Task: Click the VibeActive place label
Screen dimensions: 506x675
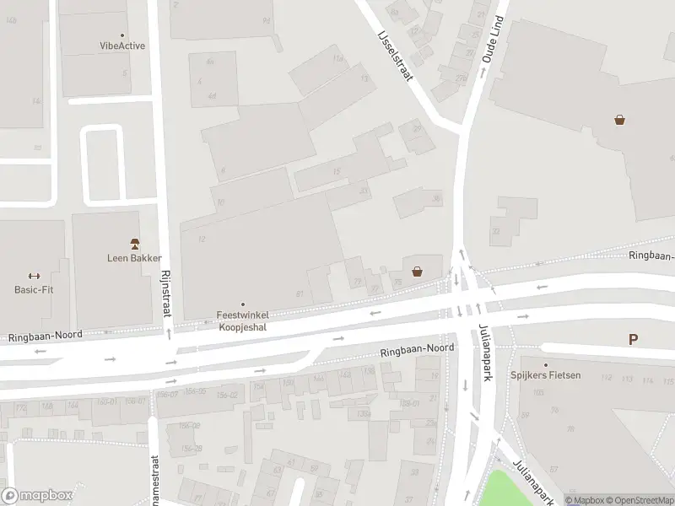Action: [x=122, y=46]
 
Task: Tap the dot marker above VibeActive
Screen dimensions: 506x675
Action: [x=122, y=35]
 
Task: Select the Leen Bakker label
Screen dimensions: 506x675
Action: [x=134, y=258]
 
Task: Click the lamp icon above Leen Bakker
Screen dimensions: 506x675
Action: [x=134, y=243]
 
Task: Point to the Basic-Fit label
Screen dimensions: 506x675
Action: [x=34, y=289]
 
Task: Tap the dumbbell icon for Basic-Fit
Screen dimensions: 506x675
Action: [x=34, y=276]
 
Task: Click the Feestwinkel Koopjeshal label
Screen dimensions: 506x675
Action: [x=244, y=320]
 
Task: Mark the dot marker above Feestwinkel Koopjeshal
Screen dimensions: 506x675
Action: [x=244, y=304]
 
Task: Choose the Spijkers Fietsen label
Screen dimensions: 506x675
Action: [x=545, y=374]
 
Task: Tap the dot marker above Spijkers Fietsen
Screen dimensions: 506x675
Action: [x=545, y=363]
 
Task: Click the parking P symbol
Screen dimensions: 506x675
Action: [x=633, y=340]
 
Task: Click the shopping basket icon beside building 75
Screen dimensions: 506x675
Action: [x=417, y=272]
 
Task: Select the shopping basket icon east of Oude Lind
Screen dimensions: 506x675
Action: [x=620, y=121]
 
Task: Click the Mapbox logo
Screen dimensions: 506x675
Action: [x=37, y=496]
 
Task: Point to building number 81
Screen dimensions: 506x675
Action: [x=300, y=293]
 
